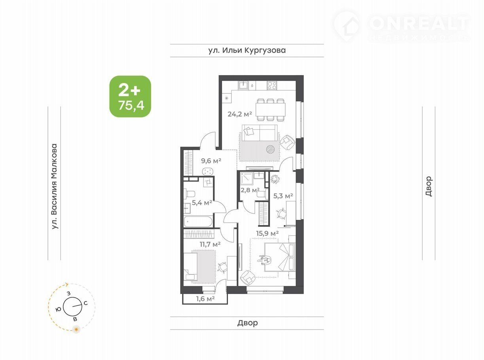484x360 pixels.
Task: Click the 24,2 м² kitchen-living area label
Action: (x=240, y=114)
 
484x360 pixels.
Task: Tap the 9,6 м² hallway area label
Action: (x=211, y=161)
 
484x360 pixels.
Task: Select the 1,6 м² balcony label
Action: (x=205, y=298)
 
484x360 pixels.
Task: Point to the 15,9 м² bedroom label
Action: (x=267, y=233)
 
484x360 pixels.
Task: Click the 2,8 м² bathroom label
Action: (x=250, y=190)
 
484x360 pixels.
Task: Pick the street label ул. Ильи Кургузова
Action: (x=247, y=50)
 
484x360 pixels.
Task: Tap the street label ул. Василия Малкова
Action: (x=54, y=186)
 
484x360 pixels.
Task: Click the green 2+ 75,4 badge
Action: (x=130, y=96)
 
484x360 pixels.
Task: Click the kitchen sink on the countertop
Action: (x=243, y=85)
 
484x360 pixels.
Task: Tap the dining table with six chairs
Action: (x=270, y=110)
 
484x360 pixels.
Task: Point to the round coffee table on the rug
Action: (x=271, y=150)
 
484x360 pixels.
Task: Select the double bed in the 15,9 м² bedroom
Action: (x=280, y=257)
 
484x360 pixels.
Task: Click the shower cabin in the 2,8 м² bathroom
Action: (x=247, y=178)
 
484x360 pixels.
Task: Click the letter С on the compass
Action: (x=86, y=303)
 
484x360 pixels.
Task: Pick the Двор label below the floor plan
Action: (x=247, y=323)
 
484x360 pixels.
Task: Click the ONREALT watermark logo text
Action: (x=419, y=24)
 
